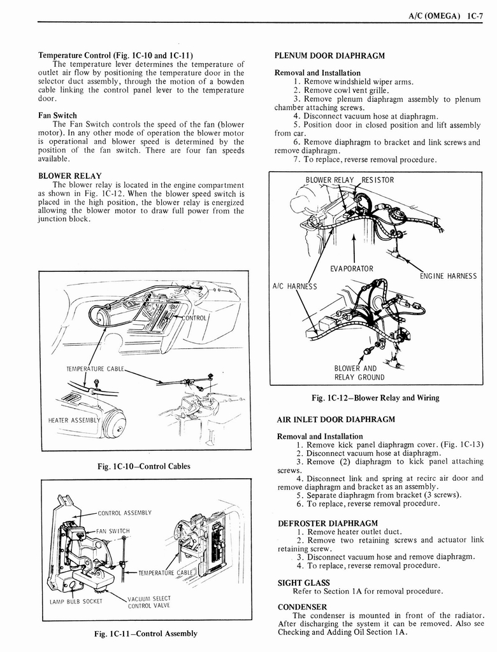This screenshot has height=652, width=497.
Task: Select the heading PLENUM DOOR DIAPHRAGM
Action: pos(329,55)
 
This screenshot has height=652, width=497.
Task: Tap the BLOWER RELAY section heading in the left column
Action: pos(70,175)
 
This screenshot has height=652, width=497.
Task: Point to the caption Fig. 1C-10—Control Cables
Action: pos(143,466)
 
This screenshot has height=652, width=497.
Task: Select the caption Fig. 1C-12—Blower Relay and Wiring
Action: pos(375,398)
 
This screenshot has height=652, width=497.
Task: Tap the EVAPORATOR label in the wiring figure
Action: pos(352,269)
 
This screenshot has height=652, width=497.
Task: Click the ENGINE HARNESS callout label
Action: pos(448,276)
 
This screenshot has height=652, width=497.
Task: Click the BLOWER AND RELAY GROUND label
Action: pos(360,372)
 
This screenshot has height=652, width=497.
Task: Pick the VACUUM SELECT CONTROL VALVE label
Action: pos(148,602)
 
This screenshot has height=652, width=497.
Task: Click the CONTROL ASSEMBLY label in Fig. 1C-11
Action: pos(124,513)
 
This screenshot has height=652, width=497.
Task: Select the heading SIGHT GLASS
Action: pos(303,582)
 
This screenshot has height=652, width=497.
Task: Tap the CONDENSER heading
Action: pos(302,607)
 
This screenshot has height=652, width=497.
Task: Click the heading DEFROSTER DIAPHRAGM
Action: pos(328,523)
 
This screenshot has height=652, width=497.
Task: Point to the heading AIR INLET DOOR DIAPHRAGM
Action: pos(336,419)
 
